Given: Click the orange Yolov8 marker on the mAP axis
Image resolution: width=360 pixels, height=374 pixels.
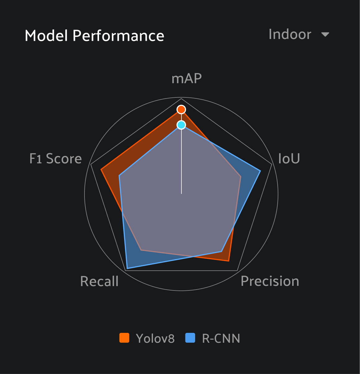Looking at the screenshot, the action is pos(181,110).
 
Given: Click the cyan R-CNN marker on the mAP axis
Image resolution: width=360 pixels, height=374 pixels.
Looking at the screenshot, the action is pos(181,125).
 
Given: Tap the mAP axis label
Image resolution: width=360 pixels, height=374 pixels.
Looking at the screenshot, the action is pos(186,79).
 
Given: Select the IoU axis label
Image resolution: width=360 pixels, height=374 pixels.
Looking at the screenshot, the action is pos(289,159).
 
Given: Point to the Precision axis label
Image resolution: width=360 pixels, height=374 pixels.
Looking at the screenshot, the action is pos(270,281).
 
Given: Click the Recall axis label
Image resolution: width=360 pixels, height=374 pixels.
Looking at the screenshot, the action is pos(99,282).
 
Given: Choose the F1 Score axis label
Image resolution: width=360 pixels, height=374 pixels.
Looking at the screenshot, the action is pos(55,159).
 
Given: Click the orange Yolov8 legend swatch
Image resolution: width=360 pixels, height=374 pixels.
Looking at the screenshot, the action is pos(124,338).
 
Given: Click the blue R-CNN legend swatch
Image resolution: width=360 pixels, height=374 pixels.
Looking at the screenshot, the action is pos(190,338).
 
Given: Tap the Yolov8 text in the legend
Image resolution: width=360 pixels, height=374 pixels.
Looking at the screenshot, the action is pos(155,338).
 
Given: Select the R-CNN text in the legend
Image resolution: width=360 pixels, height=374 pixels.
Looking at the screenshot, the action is pos(221,338).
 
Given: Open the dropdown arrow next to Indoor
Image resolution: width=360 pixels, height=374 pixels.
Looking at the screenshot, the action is pos(325,34).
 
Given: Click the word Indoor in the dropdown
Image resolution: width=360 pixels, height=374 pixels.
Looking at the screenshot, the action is pos(290,34).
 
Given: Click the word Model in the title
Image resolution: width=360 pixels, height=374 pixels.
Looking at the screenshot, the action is pos(46,36).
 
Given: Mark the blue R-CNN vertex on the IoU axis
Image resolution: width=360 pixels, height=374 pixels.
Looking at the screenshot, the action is pos(260,170).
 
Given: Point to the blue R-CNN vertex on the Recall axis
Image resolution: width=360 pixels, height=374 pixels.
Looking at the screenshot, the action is pos(127,269).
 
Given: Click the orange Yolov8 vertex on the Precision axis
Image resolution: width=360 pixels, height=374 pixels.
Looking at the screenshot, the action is pos(229,261).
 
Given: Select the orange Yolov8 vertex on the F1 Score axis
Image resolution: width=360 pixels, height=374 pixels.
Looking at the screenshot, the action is pos(101,169).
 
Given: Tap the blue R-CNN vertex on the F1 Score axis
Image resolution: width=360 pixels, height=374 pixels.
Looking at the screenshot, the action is pos(119,176).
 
